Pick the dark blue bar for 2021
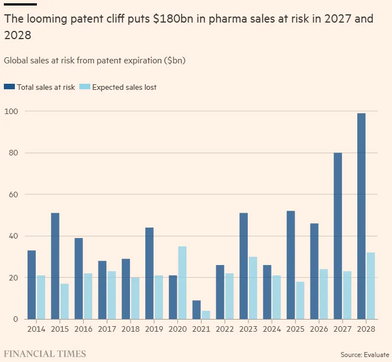click(197, 310)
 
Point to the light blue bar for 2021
click(205, 315)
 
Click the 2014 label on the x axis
click(36, 329)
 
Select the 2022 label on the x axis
click(225, 329)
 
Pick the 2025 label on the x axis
click(295, 329)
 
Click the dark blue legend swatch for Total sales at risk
click(9, 87)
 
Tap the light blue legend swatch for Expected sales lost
click(85, 87)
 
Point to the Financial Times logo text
click(45, 354)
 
